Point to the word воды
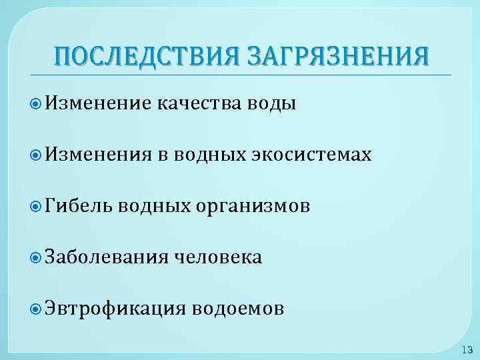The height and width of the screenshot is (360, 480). tap(272, 104)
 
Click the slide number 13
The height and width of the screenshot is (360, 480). tap(467, 349)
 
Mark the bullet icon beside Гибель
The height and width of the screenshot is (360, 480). tap(37, 206)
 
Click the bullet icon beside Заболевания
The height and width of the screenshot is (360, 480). tap(37, 257)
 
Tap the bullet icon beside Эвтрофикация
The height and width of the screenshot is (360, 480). tap(37, 309)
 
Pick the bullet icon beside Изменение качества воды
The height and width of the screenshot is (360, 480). tap(37, 103)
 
